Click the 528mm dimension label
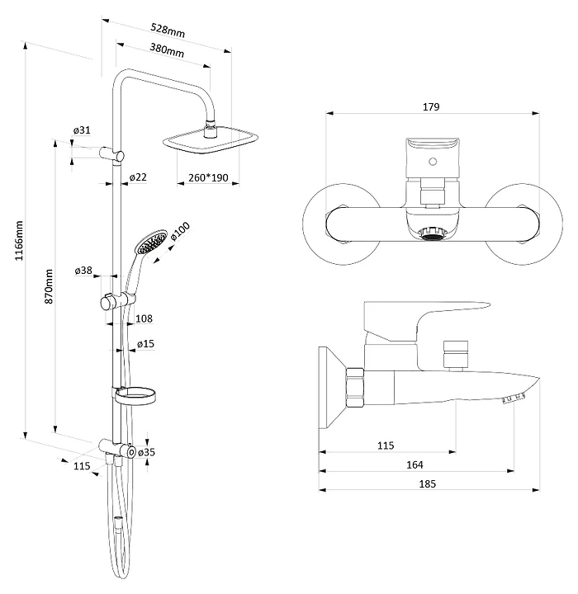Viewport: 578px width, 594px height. point(168,31)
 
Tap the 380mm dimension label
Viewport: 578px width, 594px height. point(168,50)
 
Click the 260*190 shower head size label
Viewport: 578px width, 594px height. point(209,177)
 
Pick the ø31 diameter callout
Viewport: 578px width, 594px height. point(81,130)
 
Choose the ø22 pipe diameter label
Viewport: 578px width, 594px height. point(138,177)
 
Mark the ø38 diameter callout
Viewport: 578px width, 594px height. point(83,270)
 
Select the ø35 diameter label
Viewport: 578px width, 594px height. point(146,452)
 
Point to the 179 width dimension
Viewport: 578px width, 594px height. point(430,106)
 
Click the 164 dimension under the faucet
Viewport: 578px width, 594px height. point(414,465)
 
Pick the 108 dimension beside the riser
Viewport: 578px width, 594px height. point(143,318)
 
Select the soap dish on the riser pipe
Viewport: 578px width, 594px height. point(136,397)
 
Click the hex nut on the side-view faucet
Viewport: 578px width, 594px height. point(354,385)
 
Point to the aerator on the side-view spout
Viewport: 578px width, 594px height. point(513,400)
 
